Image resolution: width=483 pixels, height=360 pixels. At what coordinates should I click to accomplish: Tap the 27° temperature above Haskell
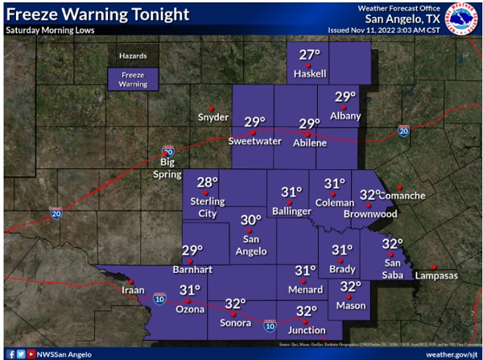[x=310, y=55]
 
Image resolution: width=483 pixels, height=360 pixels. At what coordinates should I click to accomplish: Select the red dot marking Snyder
[x=211, y=108]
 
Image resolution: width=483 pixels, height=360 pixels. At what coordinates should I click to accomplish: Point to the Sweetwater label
[x=254, y=142]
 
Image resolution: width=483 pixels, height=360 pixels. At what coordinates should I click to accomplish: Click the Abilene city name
[x=309, y=143]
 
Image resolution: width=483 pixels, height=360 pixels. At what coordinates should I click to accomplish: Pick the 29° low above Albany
[x=345, y=97]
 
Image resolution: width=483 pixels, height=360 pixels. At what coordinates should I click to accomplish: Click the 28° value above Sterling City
[x=208, y=182]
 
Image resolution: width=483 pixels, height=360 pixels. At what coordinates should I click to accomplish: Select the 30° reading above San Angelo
[x=250, y=220]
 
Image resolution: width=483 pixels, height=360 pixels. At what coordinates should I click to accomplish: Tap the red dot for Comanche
[x=398, y=187]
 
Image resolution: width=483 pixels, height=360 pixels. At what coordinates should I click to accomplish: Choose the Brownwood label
[x=370, y=214]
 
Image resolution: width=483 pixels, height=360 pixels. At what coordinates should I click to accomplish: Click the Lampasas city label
[x=436, y=275]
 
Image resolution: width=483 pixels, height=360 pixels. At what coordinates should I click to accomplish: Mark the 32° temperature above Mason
[x=350, y=286]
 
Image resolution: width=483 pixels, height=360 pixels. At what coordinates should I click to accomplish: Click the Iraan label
[x=133, y=290]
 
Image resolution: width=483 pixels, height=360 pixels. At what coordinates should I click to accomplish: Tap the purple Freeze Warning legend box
[x=134, y=78]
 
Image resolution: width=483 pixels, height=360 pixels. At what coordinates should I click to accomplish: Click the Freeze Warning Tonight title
[x=97, y=14]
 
